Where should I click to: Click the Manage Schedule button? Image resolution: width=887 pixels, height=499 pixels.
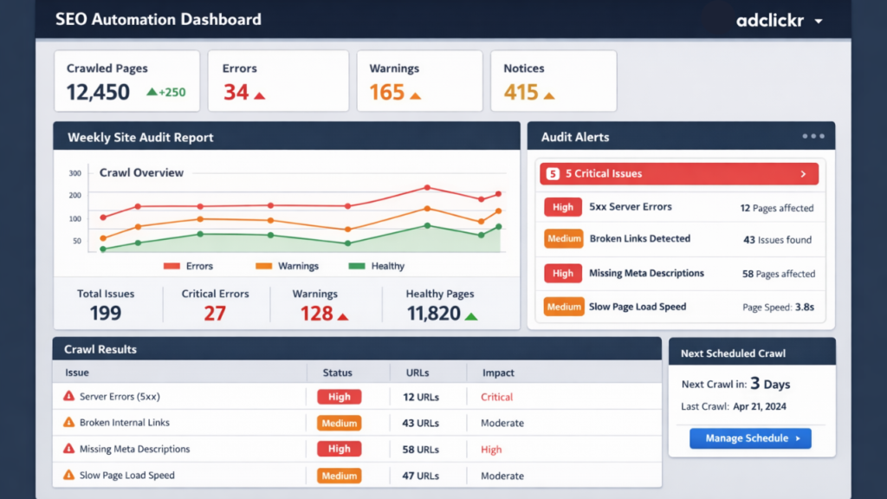tap(750, 438)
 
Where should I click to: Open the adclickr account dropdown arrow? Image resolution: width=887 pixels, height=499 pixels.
tap(819, 21)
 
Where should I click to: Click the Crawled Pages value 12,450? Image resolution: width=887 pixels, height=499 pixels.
tap(98, 92)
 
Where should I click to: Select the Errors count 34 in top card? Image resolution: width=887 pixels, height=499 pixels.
tap(236, 92)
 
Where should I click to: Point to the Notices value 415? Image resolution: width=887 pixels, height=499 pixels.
tap(521, 92)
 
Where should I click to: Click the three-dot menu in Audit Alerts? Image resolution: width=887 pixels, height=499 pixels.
tap(813, 136)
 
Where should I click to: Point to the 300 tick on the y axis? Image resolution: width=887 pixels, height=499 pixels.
tap(74, 173)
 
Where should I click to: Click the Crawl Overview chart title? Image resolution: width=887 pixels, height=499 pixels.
tap(141, 172)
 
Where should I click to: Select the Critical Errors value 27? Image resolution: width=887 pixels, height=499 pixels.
tap(215, 314)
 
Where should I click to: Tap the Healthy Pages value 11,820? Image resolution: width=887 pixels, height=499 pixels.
tap(433, 314)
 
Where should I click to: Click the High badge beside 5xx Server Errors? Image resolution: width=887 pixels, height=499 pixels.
tap(563, 207)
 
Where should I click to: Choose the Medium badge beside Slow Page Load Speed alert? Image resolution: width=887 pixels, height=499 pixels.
tap(563, 307)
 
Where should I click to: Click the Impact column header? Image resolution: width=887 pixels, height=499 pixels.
tap(498, 373)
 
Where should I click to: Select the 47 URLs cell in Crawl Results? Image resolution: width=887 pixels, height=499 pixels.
tap(422, 476)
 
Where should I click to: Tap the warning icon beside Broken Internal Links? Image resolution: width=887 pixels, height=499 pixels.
tap(69, 423)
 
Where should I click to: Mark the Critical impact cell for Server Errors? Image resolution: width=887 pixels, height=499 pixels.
tap(496, 397)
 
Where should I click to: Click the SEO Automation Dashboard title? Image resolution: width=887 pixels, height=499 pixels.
tap(158, 19)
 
